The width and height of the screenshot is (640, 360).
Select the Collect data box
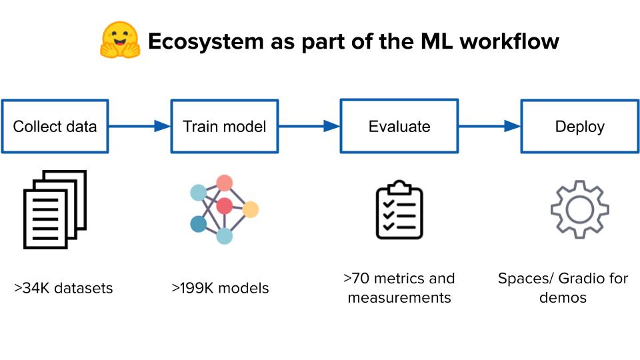(55, 126)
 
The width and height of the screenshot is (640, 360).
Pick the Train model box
(225, 126)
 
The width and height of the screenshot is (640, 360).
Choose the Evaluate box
(399, 126)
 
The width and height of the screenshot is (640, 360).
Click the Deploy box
(579, 126)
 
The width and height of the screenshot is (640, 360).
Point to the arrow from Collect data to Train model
(139, 126)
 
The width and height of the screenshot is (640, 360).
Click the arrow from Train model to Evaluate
(309, 126)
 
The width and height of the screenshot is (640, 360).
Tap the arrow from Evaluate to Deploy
(489, 126)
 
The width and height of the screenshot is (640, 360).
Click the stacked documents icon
(55, 209)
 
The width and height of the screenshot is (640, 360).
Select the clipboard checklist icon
(399, 209)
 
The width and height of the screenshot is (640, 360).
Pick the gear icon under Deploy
(579, 209)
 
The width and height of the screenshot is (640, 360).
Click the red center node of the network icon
(225, 205)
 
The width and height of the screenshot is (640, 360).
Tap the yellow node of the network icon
(250, 209)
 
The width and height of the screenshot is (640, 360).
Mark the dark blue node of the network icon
(198, 224)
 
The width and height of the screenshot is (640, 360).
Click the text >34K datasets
(63, 288)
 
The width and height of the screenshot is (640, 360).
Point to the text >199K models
(220, 288)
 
